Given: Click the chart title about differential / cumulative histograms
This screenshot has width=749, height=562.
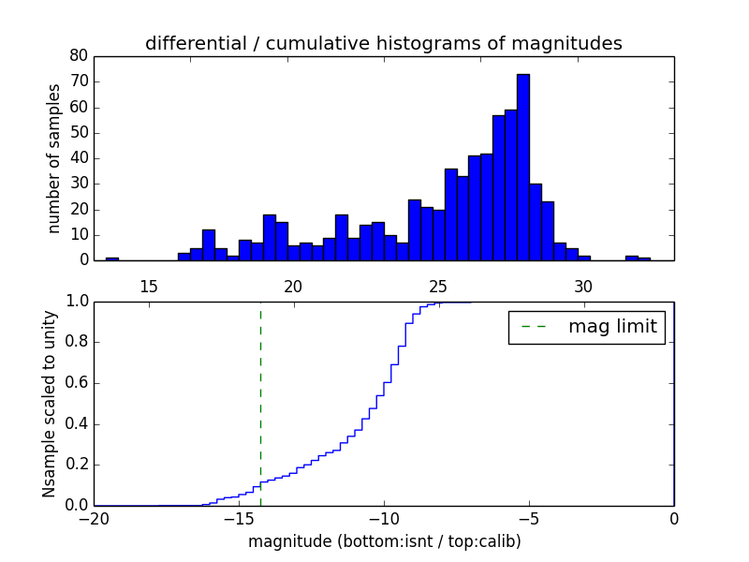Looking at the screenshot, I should [383, 44].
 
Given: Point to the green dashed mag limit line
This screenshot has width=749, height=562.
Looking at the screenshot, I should [260, 403].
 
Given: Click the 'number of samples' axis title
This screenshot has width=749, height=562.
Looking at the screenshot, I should [54, 158].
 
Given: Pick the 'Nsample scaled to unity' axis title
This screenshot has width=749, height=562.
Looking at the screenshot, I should [50, 403].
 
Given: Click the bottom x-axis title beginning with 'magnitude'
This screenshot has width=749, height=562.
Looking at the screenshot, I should [384, 542].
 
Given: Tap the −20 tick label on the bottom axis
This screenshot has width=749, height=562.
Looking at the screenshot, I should [95, 519].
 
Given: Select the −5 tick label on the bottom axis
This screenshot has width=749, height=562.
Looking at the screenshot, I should [529, 519].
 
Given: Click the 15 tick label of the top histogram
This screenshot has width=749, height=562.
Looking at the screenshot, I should [149, 285].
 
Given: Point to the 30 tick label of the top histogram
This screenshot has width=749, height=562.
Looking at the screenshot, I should [583, 285].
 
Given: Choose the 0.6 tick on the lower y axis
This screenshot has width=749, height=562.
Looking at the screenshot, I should [76, 383].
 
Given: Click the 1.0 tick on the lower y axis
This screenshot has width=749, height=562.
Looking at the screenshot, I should [76, 302].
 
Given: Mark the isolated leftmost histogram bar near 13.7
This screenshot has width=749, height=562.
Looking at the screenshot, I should [112, 259].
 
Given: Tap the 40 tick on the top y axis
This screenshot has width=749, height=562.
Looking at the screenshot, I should [80, 158].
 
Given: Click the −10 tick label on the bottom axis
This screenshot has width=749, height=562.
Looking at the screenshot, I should [384, 519].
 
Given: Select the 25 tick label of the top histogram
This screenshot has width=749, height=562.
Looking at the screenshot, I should [438, 285].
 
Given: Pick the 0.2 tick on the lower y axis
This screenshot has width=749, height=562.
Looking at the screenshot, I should [76, 465].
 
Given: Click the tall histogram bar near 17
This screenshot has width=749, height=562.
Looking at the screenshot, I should [209, 245].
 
